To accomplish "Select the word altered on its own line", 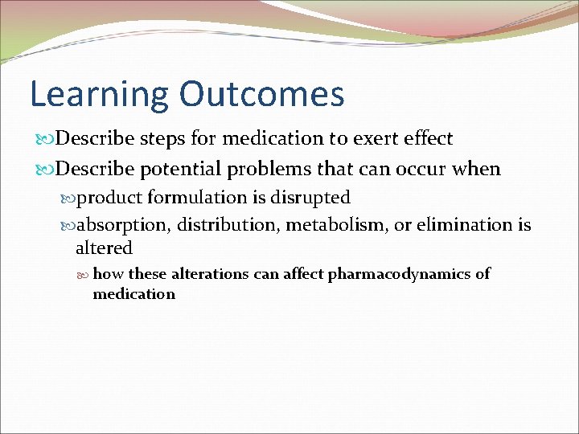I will [x=104, y=248].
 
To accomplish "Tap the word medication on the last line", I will [x=133, y=294].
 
